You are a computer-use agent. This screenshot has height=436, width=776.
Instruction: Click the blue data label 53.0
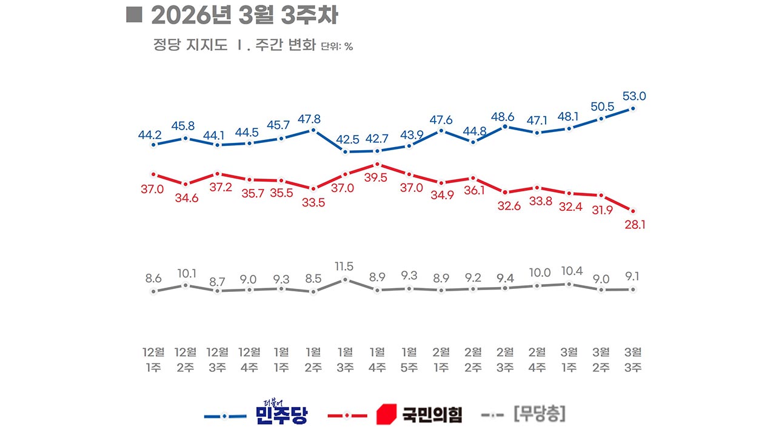point(634,96)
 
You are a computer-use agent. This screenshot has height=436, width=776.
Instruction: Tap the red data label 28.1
point(634,225)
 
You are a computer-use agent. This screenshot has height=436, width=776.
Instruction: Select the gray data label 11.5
point(345,266)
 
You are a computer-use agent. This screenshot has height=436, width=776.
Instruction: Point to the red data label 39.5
point(377,177)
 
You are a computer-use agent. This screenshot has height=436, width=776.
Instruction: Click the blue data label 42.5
point(345,139)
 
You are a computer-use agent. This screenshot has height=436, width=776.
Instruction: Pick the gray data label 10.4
point(569,271)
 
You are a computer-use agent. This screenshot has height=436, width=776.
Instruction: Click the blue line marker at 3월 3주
point(634,109)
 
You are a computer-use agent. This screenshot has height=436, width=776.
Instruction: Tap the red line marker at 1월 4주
point(377,164)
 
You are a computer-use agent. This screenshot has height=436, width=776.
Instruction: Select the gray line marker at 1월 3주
point(345,279)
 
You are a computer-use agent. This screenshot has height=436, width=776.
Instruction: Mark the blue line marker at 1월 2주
point(313,130)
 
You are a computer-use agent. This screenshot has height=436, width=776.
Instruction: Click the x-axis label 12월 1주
point(153,360)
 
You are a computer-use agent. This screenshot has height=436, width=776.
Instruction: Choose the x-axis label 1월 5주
point(409,360)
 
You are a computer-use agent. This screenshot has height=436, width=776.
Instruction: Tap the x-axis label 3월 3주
point(634,360)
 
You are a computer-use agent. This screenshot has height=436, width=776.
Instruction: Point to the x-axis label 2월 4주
point(537,360)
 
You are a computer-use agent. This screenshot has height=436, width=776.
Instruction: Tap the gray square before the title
point(133,15)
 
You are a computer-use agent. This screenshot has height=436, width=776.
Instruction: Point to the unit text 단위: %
point(336,47)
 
